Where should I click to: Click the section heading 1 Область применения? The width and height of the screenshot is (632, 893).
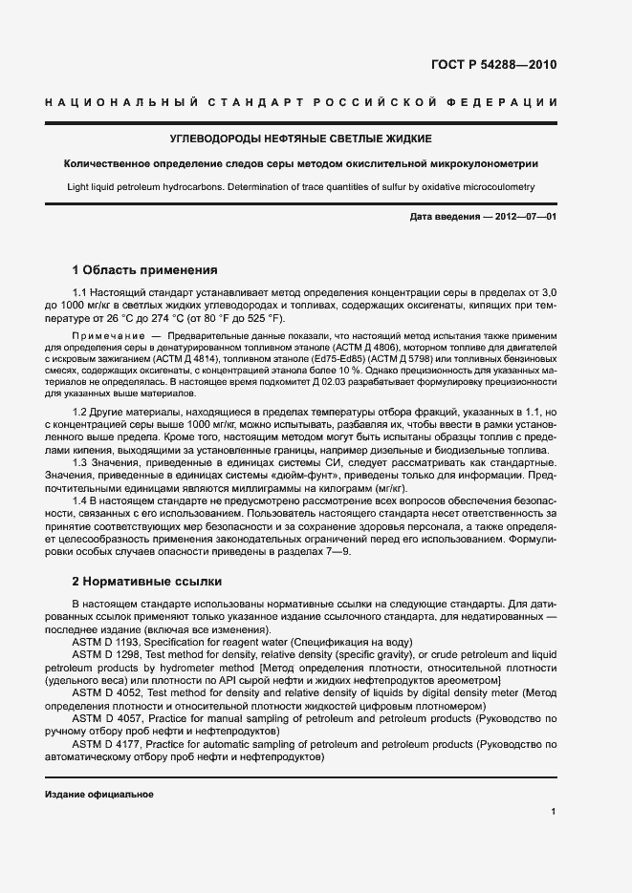145,270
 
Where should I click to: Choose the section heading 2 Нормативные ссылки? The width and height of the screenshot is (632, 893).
147,581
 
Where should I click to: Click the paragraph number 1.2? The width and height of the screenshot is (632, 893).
80,412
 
